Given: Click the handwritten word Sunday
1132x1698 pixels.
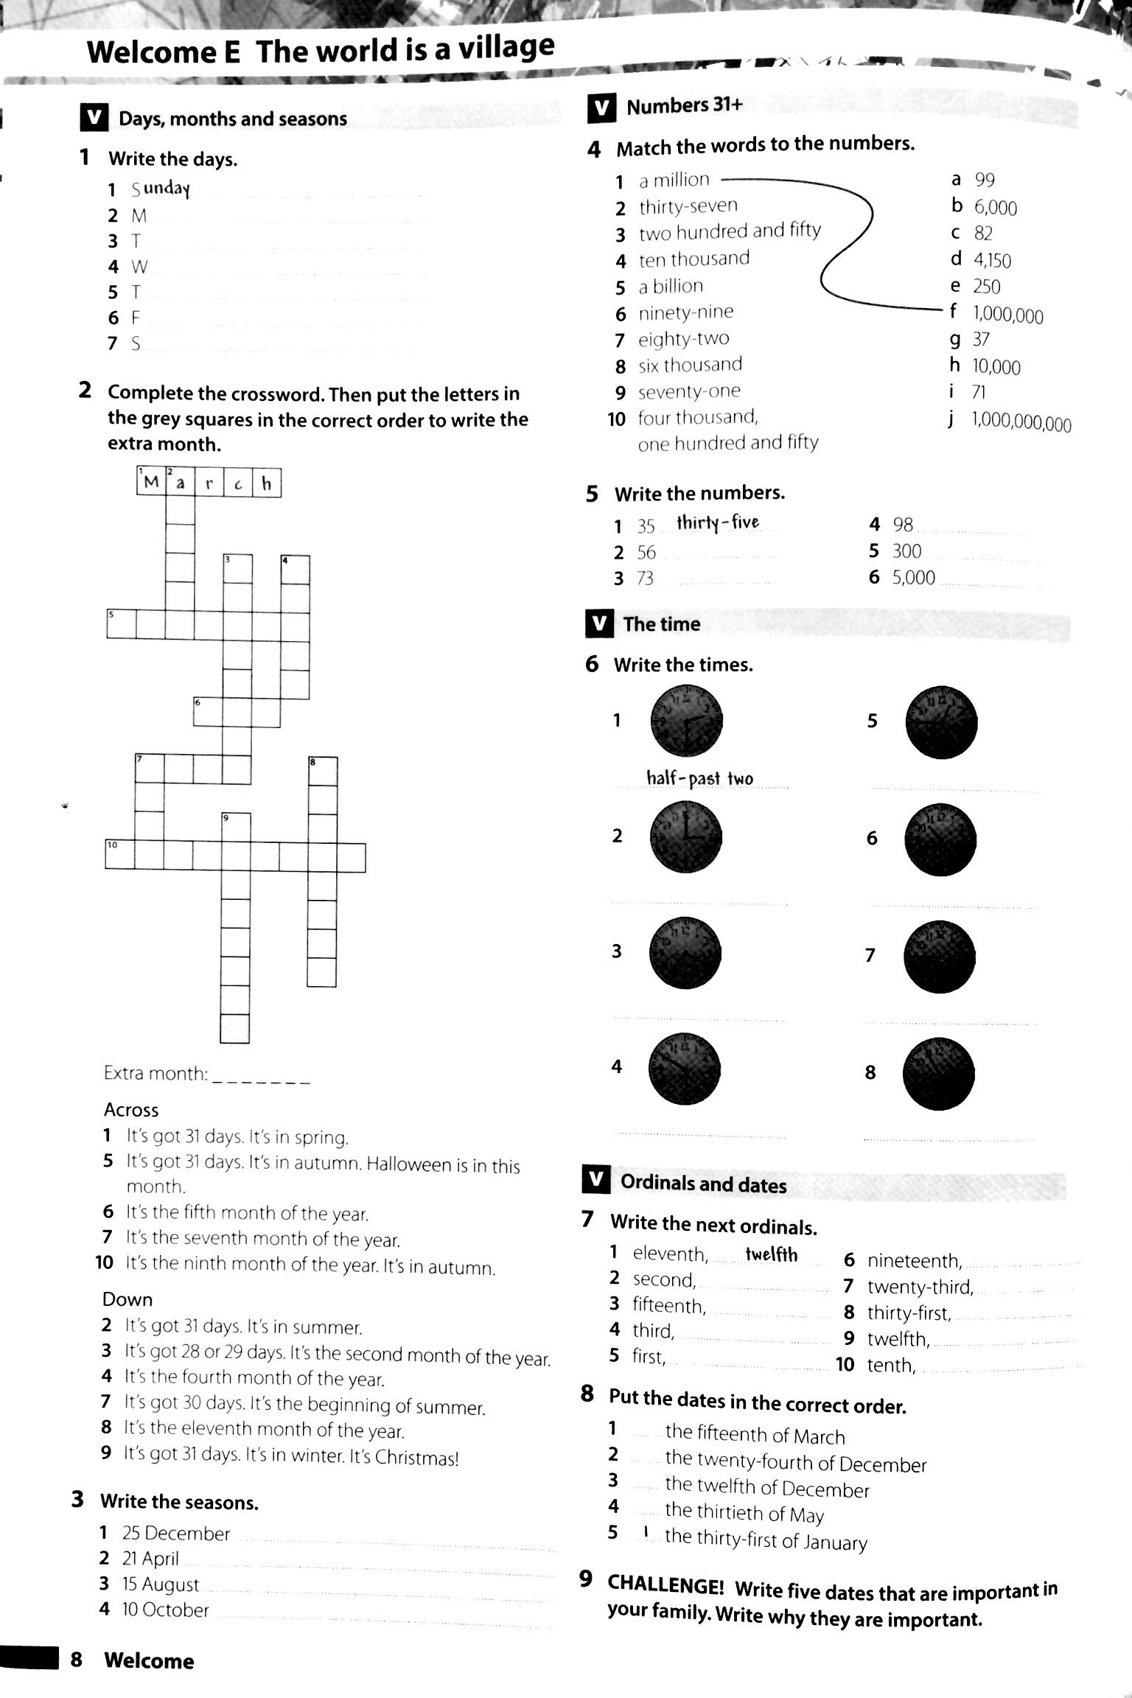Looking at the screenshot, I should [167, 189].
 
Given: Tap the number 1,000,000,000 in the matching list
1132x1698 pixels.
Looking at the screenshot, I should [1021, 423].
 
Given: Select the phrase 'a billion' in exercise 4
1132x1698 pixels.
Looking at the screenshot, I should [671, 286].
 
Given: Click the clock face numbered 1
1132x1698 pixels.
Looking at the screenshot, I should [686, 721].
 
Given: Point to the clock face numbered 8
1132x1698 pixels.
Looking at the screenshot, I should [939, 1074].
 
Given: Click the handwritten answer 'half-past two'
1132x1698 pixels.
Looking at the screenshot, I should [699, 778].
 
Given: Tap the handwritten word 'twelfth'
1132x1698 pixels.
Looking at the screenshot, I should [771, 1255].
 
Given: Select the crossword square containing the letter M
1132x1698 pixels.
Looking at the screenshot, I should [151, 483].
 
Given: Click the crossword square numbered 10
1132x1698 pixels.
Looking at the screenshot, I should [119, 856].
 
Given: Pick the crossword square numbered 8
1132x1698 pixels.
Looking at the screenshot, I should [322, 771].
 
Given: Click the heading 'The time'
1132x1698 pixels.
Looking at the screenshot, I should [661, 624].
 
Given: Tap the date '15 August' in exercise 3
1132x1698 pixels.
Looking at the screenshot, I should [160, 1584].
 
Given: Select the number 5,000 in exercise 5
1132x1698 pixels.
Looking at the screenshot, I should [913, 577].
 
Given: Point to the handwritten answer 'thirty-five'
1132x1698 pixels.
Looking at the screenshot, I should [717, 523].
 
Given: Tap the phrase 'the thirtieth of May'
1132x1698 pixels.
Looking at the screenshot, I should [744, 1513].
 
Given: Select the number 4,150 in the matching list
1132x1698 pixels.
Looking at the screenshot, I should [991, 260].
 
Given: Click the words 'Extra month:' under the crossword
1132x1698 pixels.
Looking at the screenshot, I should [156, 1074].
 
